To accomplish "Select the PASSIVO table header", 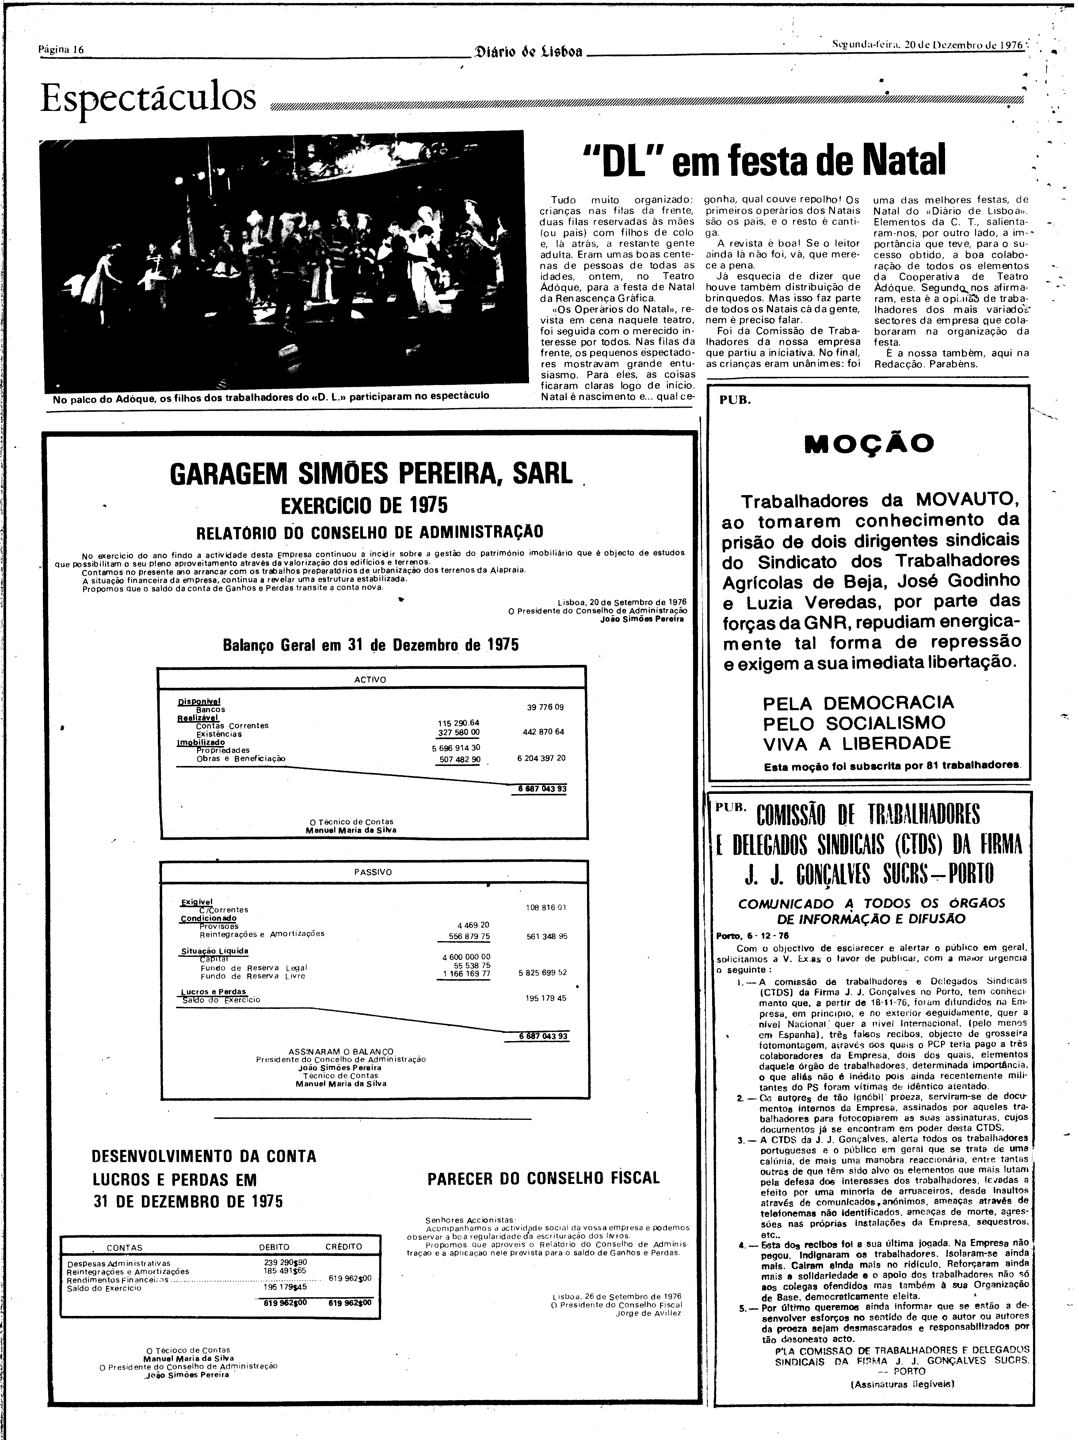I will click(x=373, y=872).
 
